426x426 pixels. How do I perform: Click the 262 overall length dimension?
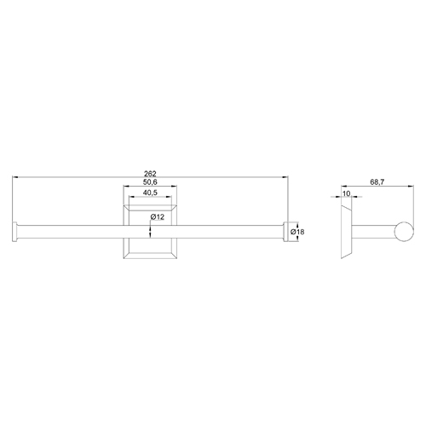150,173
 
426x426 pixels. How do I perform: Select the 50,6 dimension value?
150,182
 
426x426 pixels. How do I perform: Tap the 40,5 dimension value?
150,193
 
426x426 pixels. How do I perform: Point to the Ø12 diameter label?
158,217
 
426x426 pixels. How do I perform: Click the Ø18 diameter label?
297,232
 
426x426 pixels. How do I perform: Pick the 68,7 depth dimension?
377,182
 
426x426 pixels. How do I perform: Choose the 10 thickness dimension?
347,193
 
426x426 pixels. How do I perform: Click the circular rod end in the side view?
404,232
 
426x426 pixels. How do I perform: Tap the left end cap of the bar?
14,232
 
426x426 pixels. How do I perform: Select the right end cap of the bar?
285,232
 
